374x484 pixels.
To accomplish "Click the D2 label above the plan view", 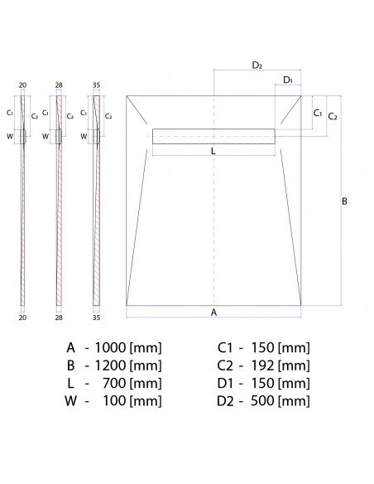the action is (257, 65).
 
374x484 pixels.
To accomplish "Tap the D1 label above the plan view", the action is (287, 80).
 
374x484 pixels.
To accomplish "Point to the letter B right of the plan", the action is (344, 201).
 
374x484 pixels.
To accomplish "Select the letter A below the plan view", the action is (213, 312).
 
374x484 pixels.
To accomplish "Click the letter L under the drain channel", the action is (213, 151).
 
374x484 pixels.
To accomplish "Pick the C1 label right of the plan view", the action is (317, 114).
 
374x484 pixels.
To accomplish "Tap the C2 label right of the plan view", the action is (333, 116).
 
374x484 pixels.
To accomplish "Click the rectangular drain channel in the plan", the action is (213, 136).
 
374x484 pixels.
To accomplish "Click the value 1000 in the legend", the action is (110, 347).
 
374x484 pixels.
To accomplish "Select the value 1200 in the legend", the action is (110, 365).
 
